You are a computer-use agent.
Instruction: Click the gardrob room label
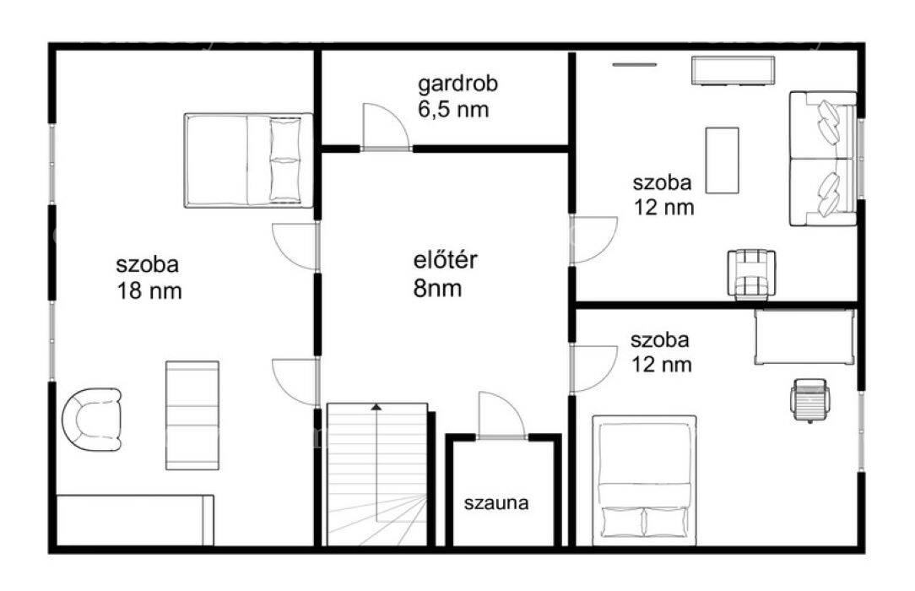click(458, 96)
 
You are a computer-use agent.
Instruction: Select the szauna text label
click(496, 503)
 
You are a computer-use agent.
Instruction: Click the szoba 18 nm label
click(149, 278)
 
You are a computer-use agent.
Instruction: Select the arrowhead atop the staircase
click(376, 406)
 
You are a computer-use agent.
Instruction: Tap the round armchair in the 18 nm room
click(92, 419)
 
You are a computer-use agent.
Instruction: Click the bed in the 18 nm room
click(249, 160)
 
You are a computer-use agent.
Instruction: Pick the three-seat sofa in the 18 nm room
click(192, 415)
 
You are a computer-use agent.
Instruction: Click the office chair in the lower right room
click(809, 400)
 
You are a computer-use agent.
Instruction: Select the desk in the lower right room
click(804, 337)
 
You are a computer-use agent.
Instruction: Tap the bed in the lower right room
click(644, 480)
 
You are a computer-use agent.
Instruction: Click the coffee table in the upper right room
click(722, 160)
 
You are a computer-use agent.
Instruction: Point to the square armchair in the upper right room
click(751, 274)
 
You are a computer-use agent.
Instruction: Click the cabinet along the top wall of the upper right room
click(734, 71)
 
